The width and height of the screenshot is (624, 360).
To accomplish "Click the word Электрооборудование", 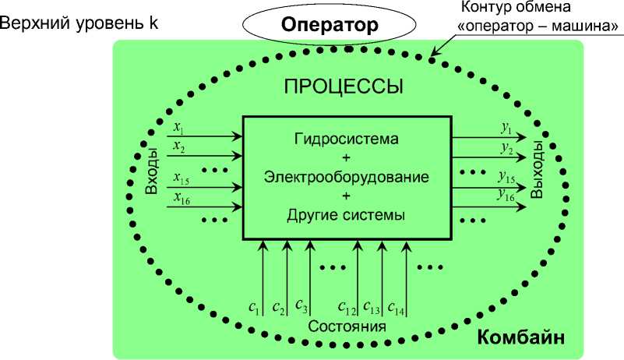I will click(x=347, y=177).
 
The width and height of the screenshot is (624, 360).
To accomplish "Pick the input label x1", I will click(x=178, y=125).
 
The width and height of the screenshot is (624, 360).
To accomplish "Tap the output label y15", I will click(x=506, y=176).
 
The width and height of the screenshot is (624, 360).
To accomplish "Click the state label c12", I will click(x=347, y=305).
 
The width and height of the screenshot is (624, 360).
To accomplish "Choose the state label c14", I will click(x=395, y=305).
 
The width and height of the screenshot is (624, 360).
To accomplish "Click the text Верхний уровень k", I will click(x=80, y=22).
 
